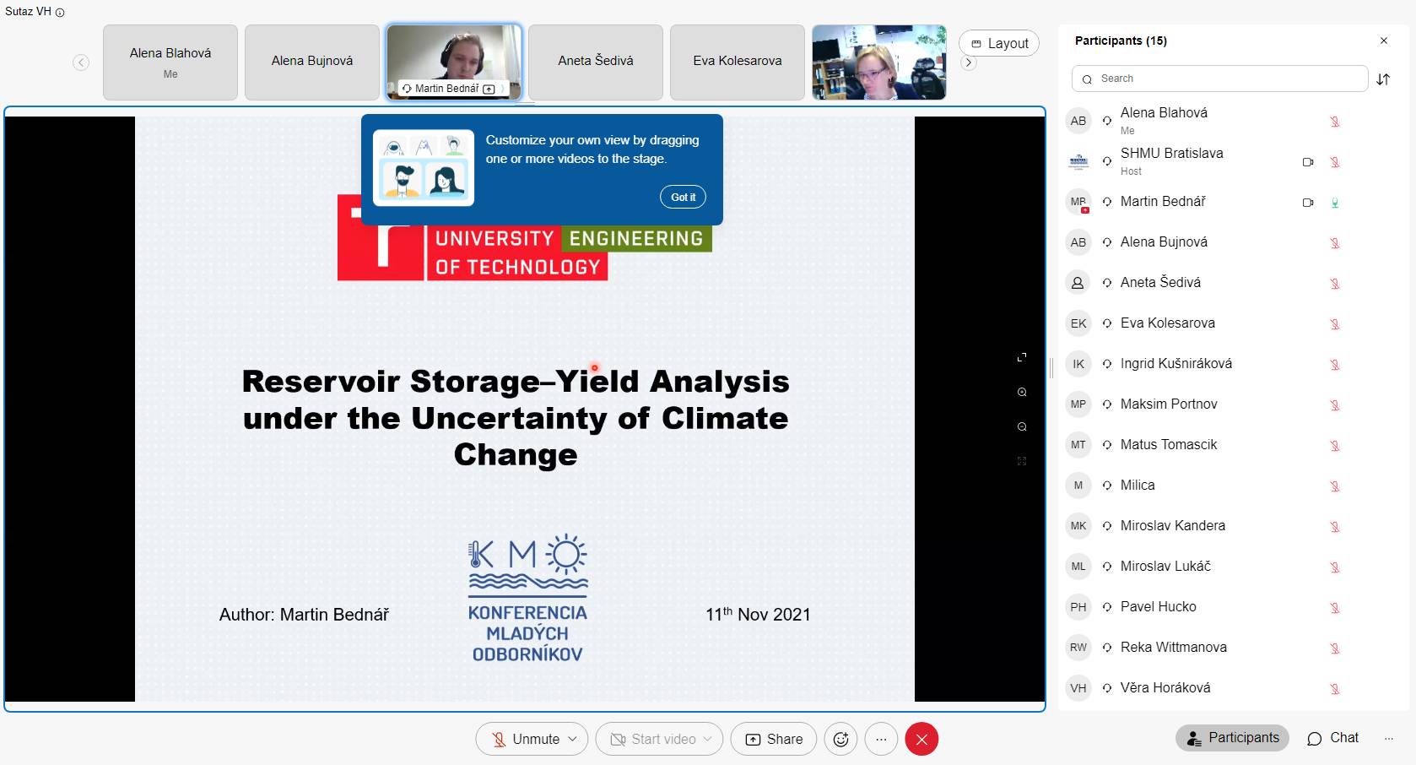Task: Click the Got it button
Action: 683,197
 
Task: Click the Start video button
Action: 659,739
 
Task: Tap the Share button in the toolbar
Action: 773,739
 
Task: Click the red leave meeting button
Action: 921,739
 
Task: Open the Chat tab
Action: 1332,738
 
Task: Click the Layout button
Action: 999,43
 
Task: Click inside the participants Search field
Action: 1219,79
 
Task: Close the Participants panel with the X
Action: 1384,41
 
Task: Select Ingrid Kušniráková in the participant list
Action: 1175,363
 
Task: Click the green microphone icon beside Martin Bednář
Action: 1335,203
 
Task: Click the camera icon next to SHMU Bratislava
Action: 1308,162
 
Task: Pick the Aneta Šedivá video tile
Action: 596,62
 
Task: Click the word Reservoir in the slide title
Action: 321,381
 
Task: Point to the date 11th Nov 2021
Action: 758,614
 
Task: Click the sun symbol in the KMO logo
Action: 565,554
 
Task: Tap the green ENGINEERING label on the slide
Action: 636,239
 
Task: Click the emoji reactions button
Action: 840,739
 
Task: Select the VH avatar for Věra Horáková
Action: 1078,688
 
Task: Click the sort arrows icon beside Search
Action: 1383,79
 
